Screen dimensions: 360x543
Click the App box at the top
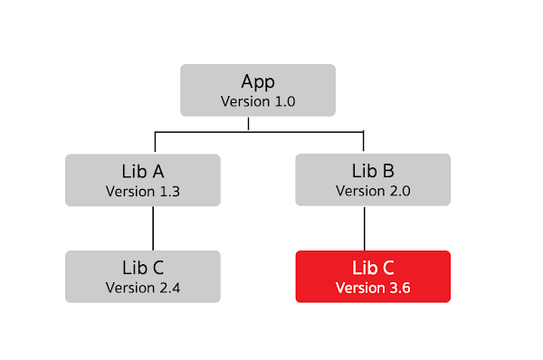(258, 90)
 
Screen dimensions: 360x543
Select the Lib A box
(143, 180)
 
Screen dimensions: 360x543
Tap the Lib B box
(373, 180)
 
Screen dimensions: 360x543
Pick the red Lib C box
(373, 276)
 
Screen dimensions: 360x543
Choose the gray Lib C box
(143, 276)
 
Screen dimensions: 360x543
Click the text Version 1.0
(258, 100)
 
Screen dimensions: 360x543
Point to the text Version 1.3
(143, 191)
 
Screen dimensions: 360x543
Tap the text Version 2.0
(373, 191)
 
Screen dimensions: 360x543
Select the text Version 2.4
(143, 288)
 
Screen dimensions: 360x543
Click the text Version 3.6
(373, 288)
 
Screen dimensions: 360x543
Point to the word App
(258, 81)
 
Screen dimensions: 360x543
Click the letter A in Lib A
(157, 171)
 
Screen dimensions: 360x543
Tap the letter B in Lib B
(387, 171)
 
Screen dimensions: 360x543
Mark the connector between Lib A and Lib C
(153, 228)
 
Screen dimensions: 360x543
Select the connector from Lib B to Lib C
(364, 228)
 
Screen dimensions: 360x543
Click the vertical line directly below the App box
(249, 124)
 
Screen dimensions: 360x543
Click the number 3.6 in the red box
(399, 288)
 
